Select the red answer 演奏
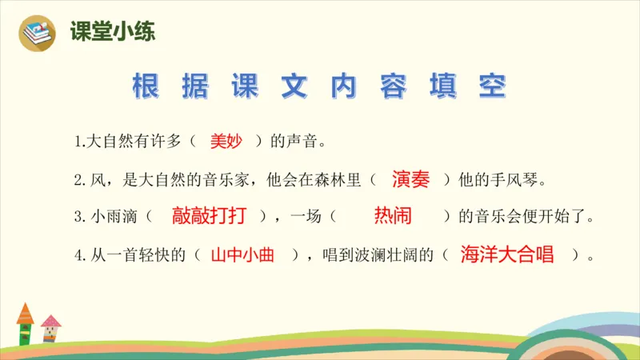411,179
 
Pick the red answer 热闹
393,216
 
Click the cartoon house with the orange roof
26,323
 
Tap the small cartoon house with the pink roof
50,329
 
